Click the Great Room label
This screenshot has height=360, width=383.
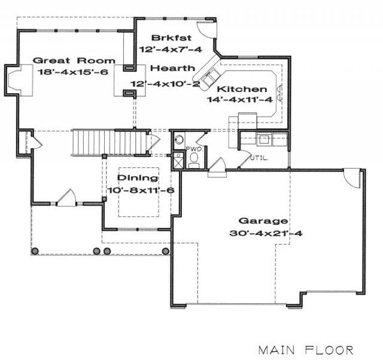[x=74, y=60]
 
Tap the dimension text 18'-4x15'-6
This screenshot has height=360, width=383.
[x=72, y=72]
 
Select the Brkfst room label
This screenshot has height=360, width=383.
[x=172, y=38]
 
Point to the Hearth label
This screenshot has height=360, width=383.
[x=173, y=68]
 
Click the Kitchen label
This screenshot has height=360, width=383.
[x=242, y=89]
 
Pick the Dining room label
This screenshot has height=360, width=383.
[x=138, y=178]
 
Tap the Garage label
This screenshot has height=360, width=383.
[x=263, y=221]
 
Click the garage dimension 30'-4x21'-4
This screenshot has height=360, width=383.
[x=266, y=233]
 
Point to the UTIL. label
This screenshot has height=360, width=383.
[x=259, y=158]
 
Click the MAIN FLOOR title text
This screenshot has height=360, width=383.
[x=306, y=350]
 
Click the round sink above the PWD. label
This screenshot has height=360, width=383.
[x=180, y=139]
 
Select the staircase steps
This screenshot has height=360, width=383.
[x=109, y=142]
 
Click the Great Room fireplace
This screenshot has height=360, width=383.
[x=19, y=80]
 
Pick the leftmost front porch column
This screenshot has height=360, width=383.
[x=35, y=251]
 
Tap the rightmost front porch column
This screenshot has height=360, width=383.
[x=166, y=251]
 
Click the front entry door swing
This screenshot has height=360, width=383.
[x=66, y=197]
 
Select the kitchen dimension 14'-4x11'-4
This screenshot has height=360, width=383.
[x=240, y=100]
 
